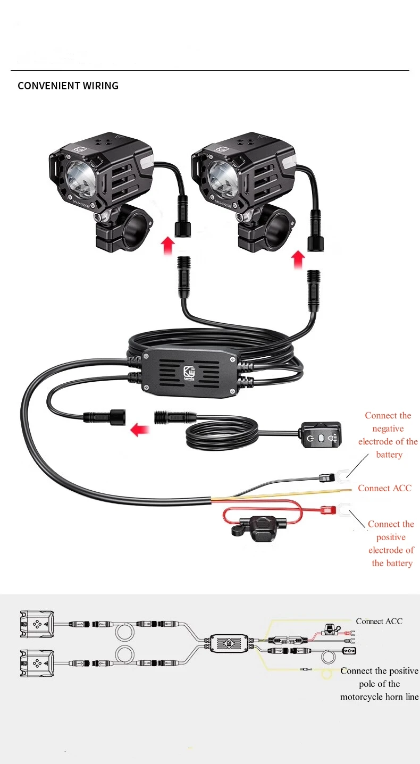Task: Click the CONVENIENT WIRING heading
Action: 68,86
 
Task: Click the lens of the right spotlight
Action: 222,175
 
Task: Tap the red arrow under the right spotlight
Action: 299,260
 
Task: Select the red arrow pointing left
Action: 140,429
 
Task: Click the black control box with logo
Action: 189,374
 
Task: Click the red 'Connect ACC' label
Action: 384,488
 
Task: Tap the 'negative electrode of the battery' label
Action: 388,435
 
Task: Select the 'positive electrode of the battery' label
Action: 391,543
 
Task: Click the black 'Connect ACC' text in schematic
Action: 379,621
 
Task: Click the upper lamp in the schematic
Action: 37,624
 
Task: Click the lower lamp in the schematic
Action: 37,663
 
